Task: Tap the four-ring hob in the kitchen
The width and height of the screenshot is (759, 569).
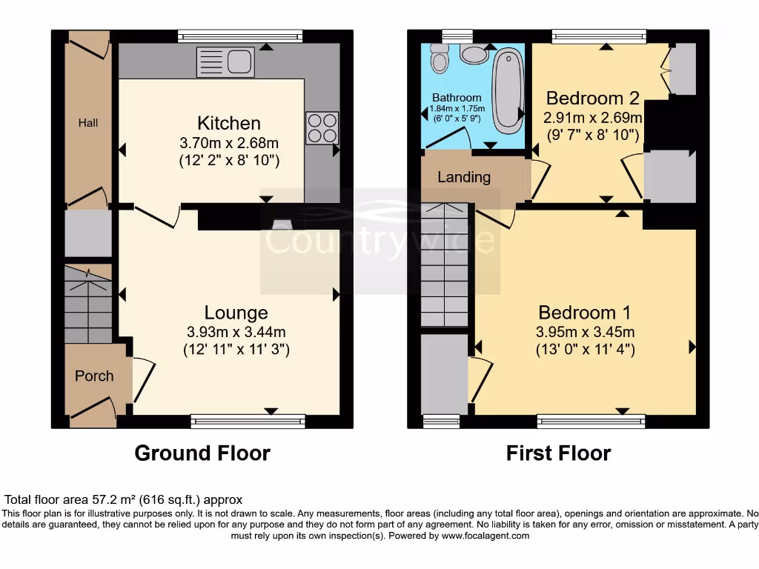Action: (x=322, y=127)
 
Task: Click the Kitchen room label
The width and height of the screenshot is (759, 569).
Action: (x=229, y=123)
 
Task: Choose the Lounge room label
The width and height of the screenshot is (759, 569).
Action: (x=236, y=313)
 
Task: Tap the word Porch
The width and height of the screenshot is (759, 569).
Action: (x=94, y=376)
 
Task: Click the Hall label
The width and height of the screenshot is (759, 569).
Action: (x=88, y=123)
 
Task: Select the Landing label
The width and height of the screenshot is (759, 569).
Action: (x=464, y=177)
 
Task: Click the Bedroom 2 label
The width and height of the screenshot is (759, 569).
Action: (x=583, y=99)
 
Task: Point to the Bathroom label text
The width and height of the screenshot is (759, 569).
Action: (x=457, y=98)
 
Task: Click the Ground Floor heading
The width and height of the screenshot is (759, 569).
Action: (x=202, y=453)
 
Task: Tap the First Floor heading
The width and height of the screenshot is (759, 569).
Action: (x=559, y=453)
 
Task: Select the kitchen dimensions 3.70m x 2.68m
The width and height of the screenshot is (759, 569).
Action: (x=229, y=142)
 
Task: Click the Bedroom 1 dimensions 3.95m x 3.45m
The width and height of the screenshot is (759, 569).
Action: (x=586, y=332)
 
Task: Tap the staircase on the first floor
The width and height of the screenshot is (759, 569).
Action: (x=446, y=265)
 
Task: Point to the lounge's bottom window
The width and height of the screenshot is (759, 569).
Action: (x=248, y=421)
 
